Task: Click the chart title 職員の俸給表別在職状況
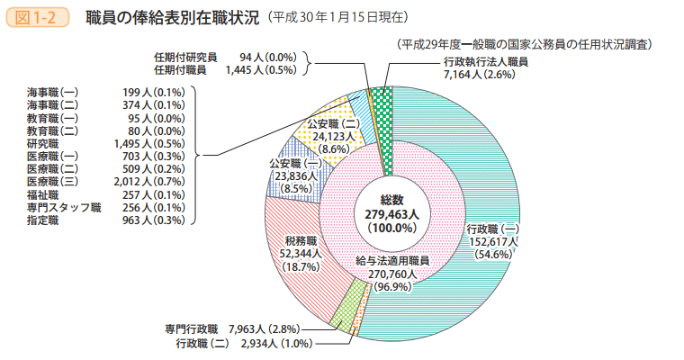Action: pyautogui.click(x=172, y=16)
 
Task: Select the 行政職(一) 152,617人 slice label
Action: pyautogui.click(x=492, y=241)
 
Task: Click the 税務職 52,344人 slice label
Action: pyautogui.click(x=301, y=254)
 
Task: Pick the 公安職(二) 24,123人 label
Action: pyautogui.click(x=334, y=135)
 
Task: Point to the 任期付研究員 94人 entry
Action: pyautogui.click(x=225, y=57)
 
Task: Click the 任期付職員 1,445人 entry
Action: pyautogui.click(x=225, y=69)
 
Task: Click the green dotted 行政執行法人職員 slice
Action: pyautogui.click(x=382, y=126)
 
